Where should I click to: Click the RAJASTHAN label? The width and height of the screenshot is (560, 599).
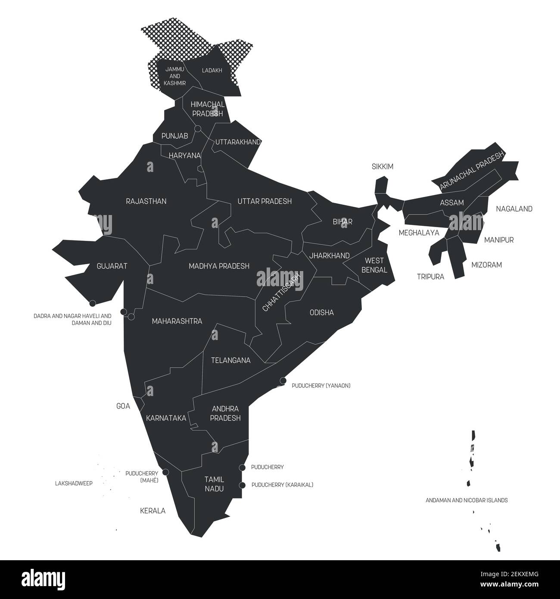click(x=146, y=201)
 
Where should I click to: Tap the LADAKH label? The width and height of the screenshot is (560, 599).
click(x=212, y=70)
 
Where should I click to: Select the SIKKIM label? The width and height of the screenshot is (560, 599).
click(x=383, y=166)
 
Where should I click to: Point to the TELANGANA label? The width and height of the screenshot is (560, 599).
click(x=230, y=360)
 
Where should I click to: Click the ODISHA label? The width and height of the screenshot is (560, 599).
click(x=322, y=312)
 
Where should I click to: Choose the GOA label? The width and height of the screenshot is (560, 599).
click(x=124, y=406)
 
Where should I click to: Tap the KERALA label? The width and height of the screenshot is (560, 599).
click(x=152, y=511)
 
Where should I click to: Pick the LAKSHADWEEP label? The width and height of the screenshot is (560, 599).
click(x=74, y=483)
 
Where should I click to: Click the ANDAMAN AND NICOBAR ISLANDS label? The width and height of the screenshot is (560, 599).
click(x=467, y=500)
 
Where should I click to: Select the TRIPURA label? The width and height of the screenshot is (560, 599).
click(x=430, y=277)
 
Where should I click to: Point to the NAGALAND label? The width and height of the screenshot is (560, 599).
click(x=514, y=209)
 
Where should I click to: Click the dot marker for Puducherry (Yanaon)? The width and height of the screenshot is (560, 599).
click(x=283, y=381)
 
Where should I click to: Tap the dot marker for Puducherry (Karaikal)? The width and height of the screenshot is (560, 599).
click(x=243, y=485)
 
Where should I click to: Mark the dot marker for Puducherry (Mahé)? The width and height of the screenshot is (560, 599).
click(x=165, y=472)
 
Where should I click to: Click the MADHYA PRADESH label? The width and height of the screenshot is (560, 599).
click(x=219, y=266)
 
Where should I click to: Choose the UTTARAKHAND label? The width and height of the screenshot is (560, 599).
click(x=238, y=142)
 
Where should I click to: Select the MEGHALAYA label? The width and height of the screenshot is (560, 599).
click(x=419, y=233)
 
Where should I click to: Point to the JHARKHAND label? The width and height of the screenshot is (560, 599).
click(x=329, y=256)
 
